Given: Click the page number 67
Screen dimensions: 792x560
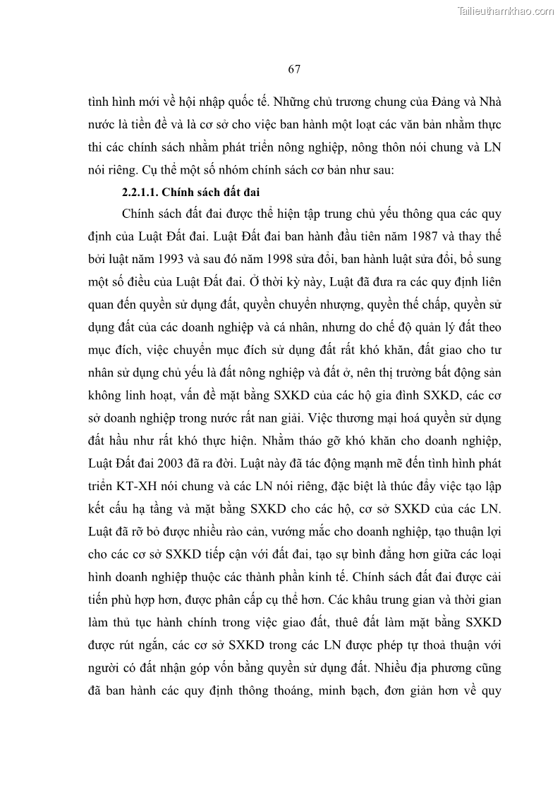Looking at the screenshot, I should click(x=294, y=68).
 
